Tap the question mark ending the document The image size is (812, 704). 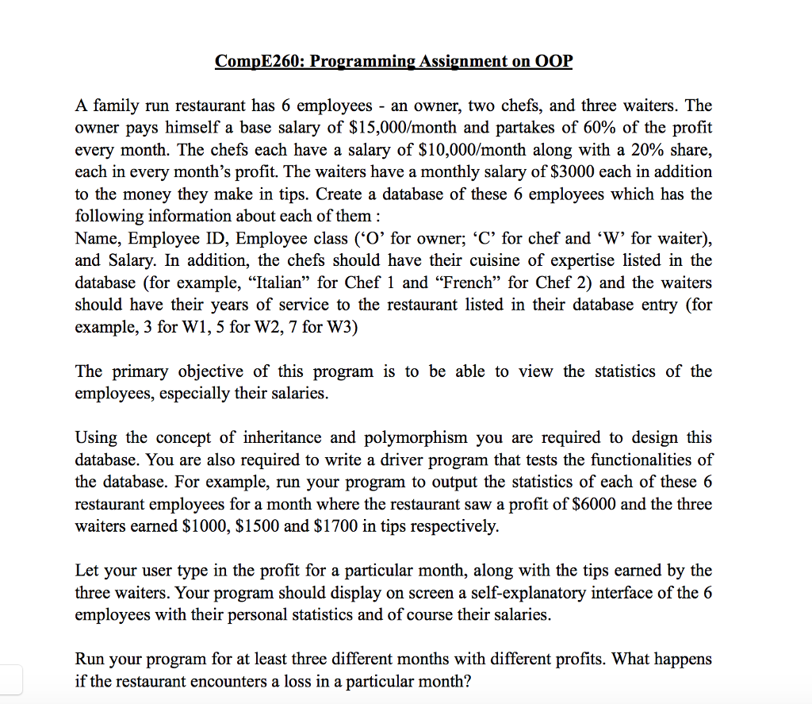point(465,682)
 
